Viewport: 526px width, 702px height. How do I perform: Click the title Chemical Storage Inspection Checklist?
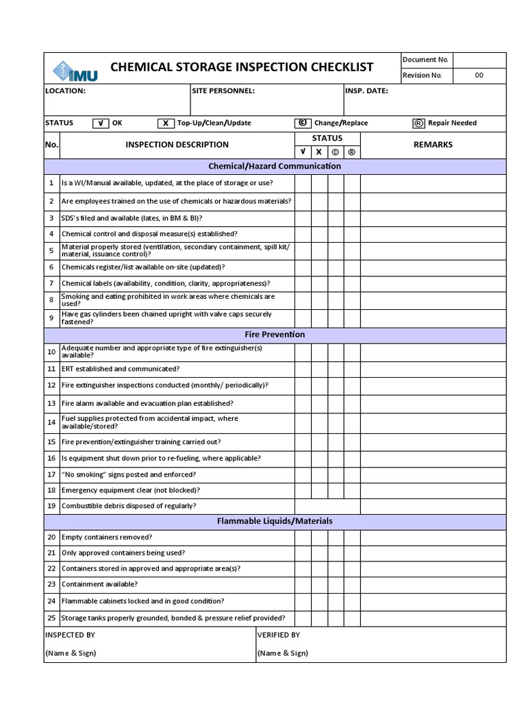242,66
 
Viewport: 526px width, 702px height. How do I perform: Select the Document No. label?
425,60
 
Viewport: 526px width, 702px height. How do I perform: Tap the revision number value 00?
479,75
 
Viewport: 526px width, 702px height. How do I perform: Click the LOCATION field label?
65,90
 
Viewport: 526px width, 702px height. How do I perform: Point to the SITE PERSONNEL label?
224,90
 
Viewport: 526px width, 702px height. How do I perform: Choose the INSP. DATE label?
366,90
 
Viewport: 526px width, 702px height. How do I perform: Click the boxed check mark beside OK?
100,123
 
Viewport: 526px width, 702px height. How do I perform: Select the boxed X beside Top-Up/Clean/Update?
165,123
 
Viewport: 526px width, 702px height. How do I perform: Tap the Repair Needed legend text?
452,123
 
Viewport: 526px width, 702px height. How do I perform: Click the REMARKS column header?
433,145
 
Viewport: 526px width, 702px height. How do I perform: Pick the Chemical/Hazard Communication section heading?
275,166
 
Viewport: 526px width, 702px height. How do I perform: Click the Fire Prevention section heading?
275,335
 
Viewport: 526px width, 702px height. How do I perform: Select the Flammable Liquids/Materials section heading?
275,521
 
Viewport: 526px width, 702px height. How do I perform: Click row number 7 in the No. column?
51,283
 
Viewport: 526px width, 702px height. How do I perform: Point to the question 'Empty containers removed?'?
107,537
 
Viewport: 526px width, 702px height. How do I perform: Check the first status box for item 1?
303,183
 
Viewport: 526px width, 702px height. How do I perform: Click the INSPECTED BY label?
70,635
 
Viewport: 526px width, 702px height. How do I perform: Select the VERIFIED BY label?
278,635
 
